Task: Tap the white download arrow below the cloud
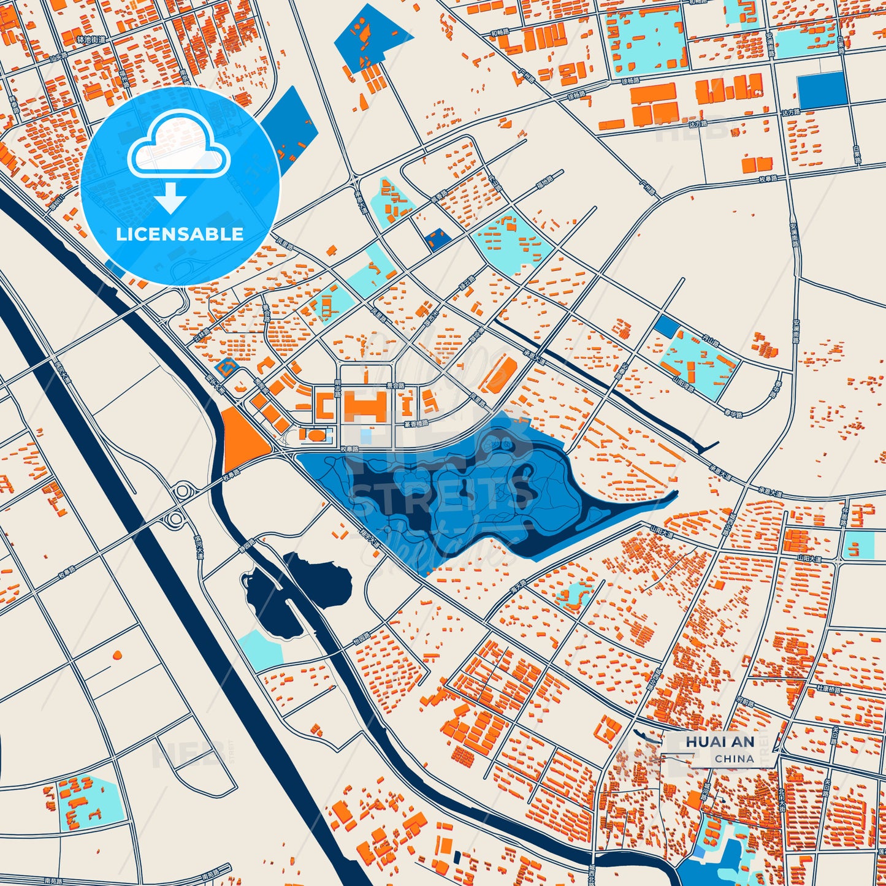pyautogui.click(x=170, y=199)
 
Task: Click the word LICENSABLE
pyautogui.click(x=180, y=234)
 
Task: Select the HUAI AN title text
pyautogui.click(x=720, y=742)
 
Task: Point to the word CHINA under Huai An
pyautogui.click(x=734, y=758)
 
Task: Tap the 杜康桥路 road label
pyautogui.click(x=828, y=689)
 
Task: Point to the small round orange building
pyautogui.click(x=116, y=655)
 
